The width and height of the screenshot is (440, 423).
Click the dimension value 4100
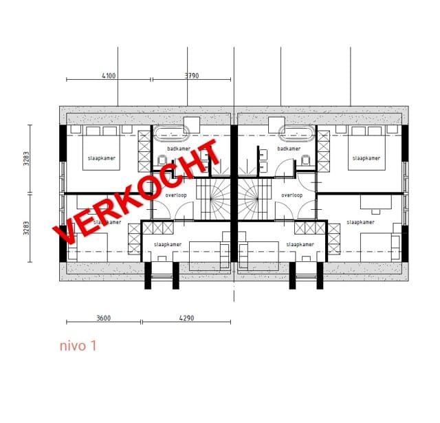click(x=109, y=76)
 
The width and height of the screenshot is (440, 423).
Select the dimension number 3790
click(x=192, y=76)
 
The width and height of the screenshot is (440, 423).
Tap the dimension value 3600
click(x=104, y=318)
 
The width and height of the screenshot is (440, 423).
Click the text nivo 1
click(x=77, y=346)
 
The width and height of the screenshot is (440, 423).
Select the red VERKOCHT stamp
click(x=137, y=191)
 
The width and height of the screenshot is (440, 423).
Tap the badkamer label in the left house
click(x=179, y=149)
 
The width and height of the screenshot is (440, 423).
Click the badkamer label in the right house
click(x=289, y=149)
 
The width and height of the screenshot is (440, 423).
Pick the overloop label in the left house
click(x=176, y=195)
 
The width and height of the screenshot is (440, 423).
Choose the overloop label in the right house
click(x=291, y=195)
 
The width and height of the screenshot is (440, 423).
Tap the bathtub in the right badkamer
click(x=298, y=133)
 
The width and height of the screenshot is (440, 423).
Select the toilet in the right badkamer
click(x=305, y=160)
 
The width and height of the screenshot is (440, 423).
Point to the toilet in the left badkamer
click(x=162, y=160)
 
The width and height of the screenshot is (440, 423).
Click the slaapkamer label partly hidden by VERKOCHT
click(x=104, y=222)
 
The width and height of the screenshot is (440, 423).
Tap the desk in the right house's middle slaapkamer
click(x=375, y=202)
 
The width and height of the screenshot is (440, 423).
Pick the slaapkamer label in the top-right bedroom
click(x=366, y=158)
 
